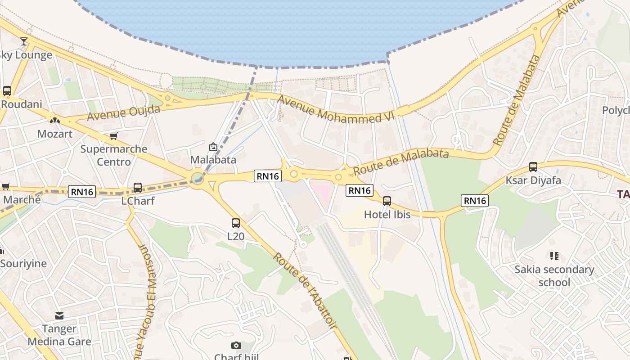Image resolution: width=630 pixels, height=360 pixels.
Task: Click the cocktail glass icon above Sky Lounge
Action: tap(24, 41)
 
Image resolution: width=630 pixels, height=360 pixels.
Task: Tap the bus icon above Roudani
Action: tap(7, 90)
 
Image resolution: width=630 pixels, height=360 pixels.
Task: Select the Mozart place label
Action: tap(54, 134)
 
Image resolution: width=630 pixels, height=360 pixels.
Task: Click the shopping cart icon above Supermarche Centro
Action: tap(113, 136)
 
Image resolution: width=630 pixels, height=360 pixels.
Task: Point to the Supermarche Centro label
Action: tap(114, 155)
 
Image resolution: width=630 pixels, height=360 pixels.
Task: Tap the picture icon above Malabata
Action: tap(213, 147)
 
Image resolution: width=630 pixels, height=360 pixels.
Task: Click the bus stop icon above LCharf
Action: tap(138, 188)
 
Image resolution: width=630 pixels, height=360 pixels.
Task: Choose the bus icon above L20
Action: tap(236, 223)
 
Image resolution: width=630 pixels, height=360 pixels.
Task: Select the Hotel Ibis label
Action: tap(387, 215)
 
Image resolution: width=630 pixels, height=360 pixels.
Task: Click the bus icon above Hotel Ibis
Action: tap(387, 201)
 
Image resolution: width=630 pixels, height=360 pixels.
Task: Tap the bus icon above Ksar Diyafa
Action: tap(533, 167)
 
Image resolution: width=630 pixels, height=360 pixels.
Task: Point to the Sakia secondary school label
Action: tap(554, 276)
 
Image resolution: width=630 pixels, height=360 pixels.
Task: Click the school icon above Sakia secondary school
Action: tap(554, 256)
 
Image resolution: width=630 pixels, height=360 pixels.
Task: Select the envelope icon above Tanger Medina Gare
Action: tap(59, 316)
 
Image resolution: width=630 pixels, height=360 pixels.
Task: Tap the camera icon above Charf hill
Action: tap(236, 345)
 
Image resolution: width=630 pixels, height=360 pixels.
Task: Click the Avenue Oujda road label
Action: tap(124, 113)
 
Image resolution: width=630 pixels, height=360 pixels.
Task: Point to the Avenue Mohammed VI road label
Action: tap(335, 109)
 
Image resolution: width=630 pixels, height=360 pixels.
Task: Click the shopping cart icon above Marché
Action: tap(5, 186)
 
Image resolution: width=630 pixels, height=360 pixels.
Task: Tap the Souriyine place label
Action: tap(23, 263)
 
